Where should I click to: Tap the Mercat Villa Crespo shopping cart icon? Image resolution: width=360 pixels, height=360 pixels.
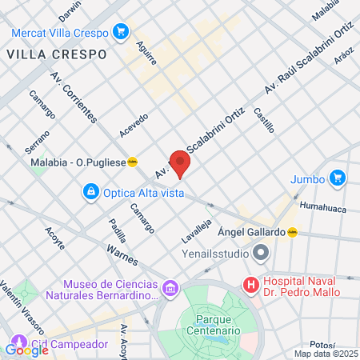tap(121, 31)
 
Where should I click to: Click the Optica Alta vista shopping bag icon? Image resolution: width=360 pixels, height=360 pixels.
tap(91, 192)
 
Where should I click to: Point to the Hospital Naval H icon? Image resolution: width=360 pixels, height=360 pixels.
tap(251, 284)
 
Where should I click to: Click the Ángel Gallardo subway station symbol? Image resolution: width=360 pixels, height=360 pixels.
tap(293, 232)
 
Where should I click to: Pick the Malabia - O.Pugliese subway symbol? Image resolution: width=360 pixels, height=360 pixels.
tap(133, 162)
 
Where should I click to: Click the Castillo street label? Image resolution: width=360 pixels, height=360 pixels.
tap(265, 120)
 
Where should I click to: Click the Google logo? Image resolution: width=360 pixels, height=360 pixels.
tap(26, 349)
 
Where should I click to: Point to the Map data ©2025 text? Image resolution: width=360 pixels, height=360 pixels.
tap(326, 354)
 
